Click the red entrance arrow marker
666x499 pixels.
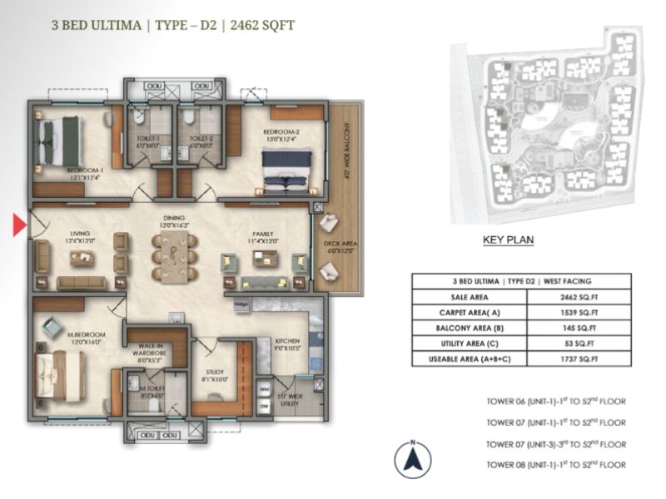click(x=18, y=224)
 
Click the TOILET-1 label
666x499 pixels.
click(x=148, y=140)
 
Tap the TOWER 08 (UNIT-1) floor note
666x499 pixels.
click(x=555, y=465)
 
